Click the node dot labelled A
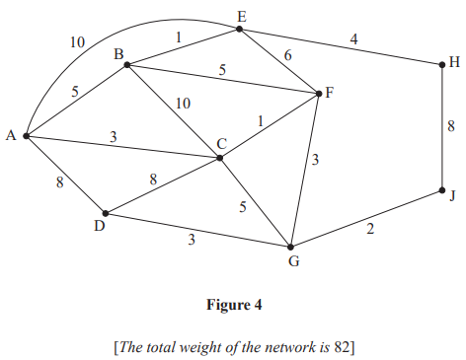[x=27, y=135]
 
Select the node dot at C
[x=220, y=157]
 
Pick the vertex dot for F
[x=319, y=94]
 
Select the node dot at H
[x=441, y=65]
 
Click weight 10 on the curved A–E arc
[x=77, y=42]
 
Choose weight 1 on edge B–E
[x=178, y=37]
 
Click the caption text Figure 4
[x=233, y=305]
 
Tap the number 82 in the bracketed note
[x=336, y=346]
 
